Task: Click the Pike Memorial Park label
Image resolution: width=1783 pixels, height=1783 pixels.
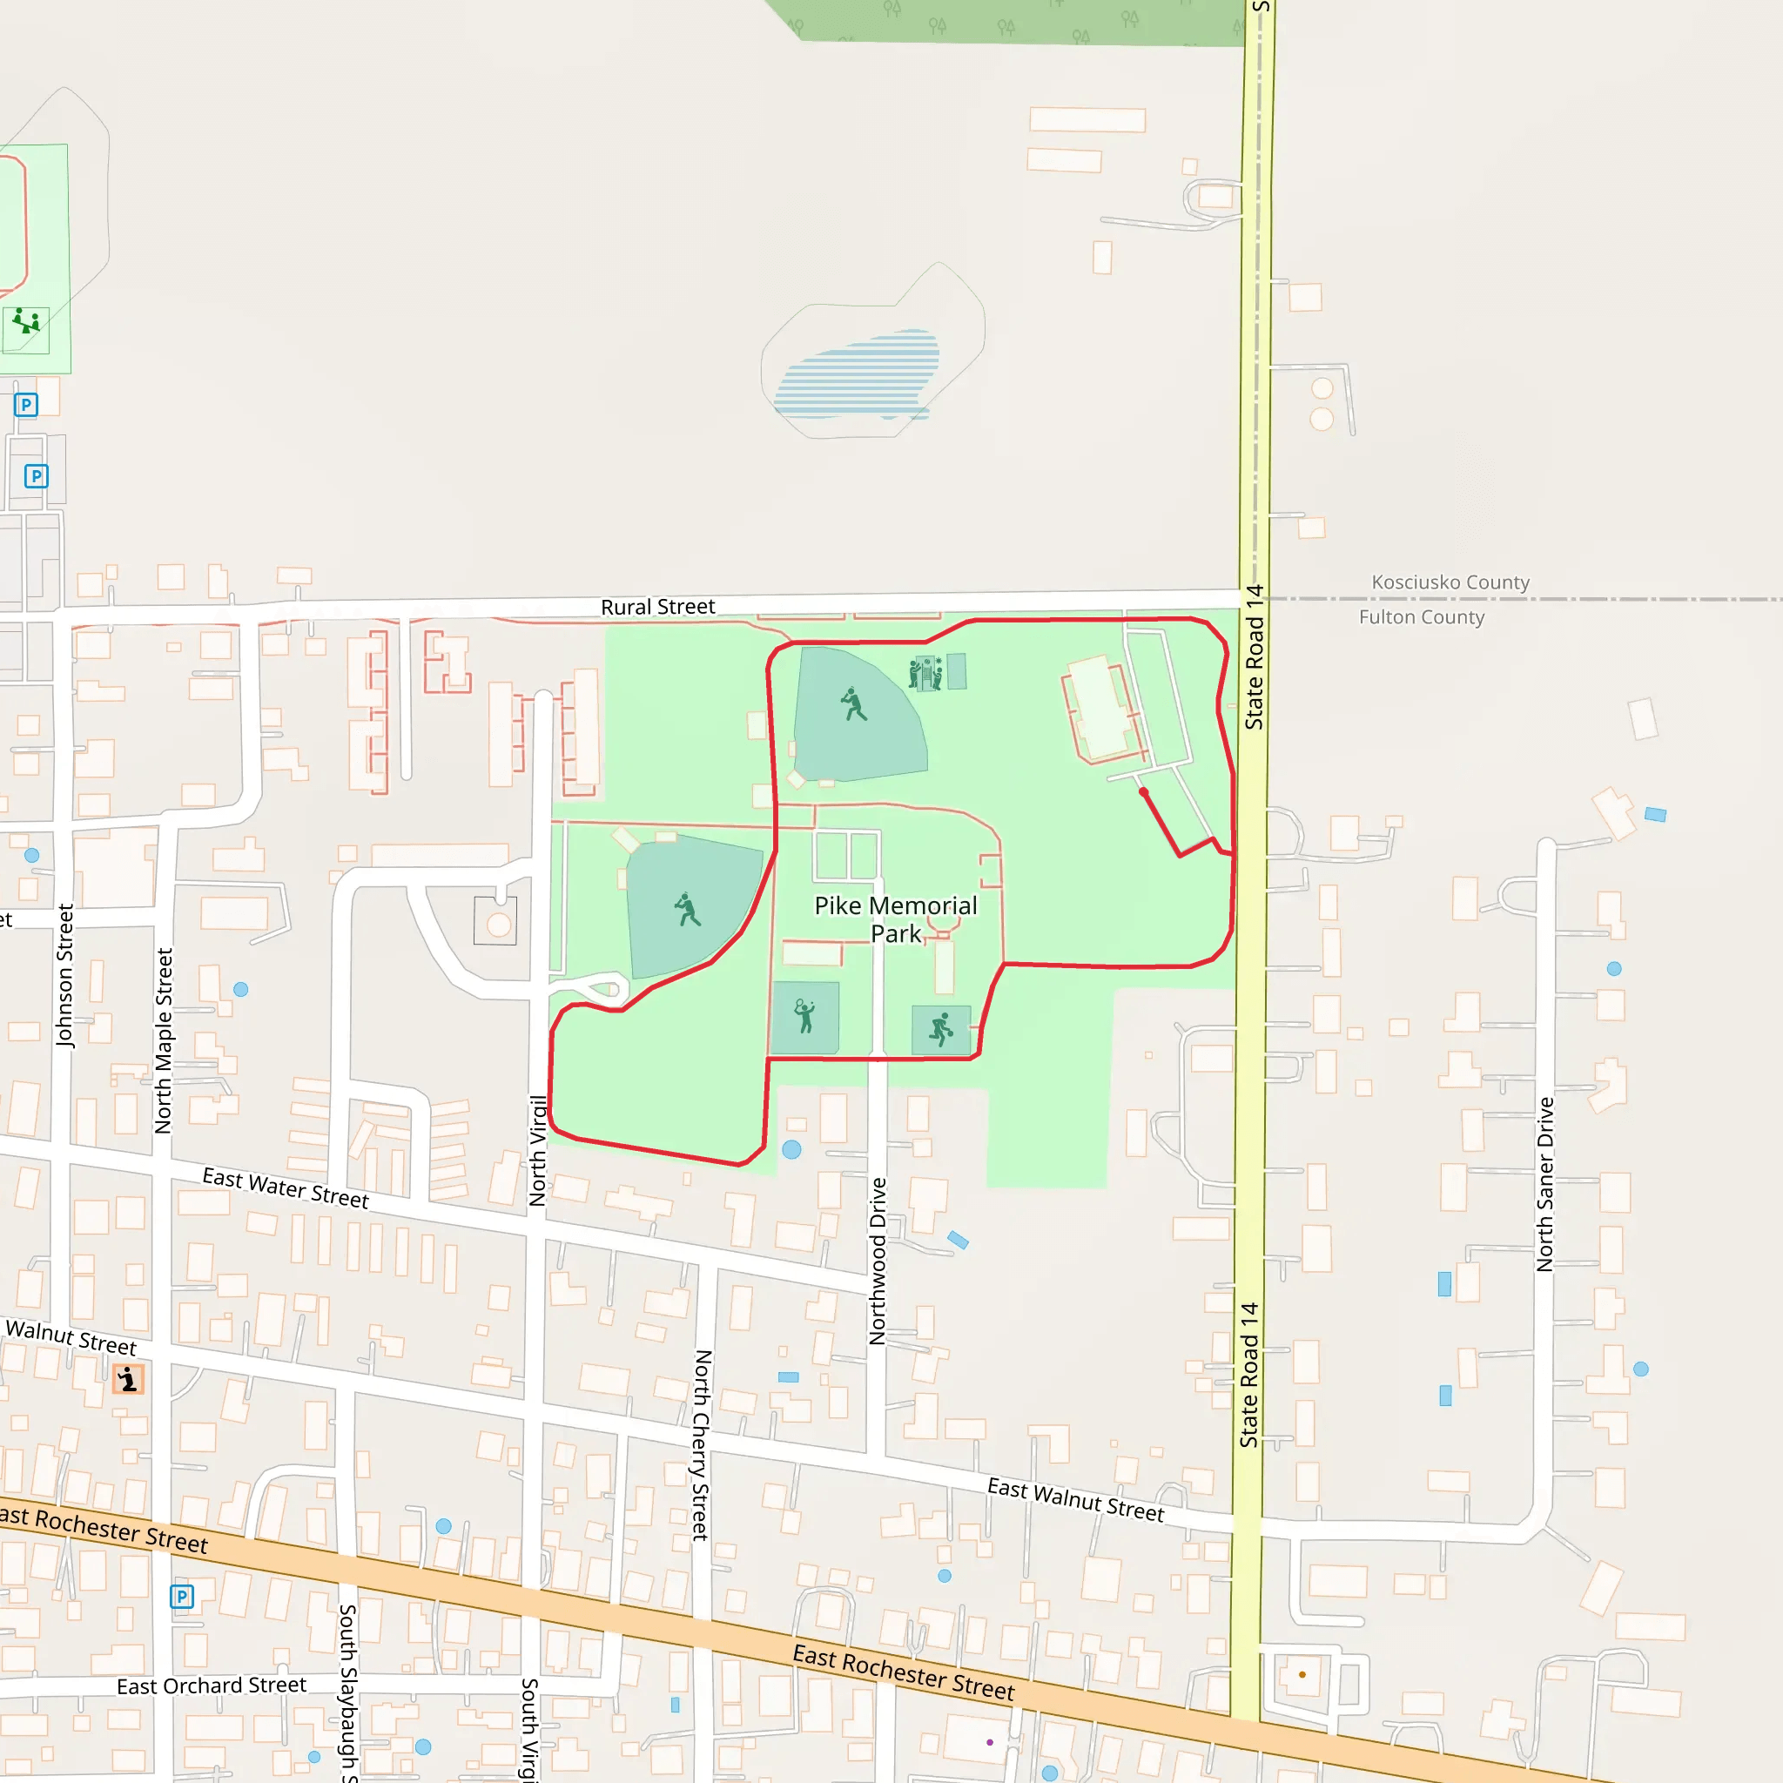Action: pos(895,919)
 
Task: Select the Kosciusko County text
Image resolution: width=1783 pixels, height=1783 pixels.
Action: pos(1450,582)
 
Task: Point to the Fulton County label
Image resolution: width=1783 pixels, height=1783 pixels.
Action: pos(1421,617)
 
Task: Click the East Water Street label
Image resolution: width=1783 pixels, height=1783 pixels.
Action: pos(286,1188)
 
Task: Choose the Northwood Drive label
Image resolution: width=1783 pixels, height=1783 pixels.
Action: pos(878,1261)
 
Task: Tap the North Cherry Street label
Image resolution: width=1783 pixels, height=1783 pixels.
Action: pos(702,1445)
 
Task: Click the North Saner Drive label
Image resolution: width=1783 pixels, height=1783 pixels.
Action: pos(1545,1184)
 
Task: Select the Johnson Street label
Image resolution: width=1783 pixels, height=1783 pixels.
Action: pos(64,975)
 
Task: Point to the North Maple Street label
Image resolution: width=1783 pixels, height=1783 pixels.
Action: pos(165,1040)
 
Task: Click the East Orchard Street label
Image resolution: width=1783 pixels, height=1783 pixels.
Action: pos(212,1686)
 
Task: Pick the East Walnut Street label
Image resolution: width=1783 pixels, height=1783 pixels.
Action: pos(1075,1500)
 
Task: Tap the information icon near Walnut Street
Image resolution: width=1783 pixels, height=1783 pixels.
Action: pos(128,1380)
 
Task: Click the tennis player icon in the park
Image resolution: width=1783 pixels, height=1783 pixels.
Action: pos(804,1016)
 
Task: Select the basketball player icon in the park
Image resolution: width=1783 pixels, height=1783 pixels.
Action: pos(941,1029)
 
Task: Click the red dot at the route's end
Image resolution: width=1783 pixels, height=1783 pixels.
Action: pos(1143,792)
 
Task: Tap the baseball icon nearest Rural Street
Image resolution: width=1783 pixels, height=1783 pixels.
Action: pos(854,704)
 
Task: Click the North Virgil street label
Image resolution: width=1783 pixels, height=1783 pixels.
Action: pos(538,1150)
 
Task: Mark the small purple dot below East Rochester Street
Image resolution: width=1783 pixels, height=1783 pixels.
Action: pos(989,1742)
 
